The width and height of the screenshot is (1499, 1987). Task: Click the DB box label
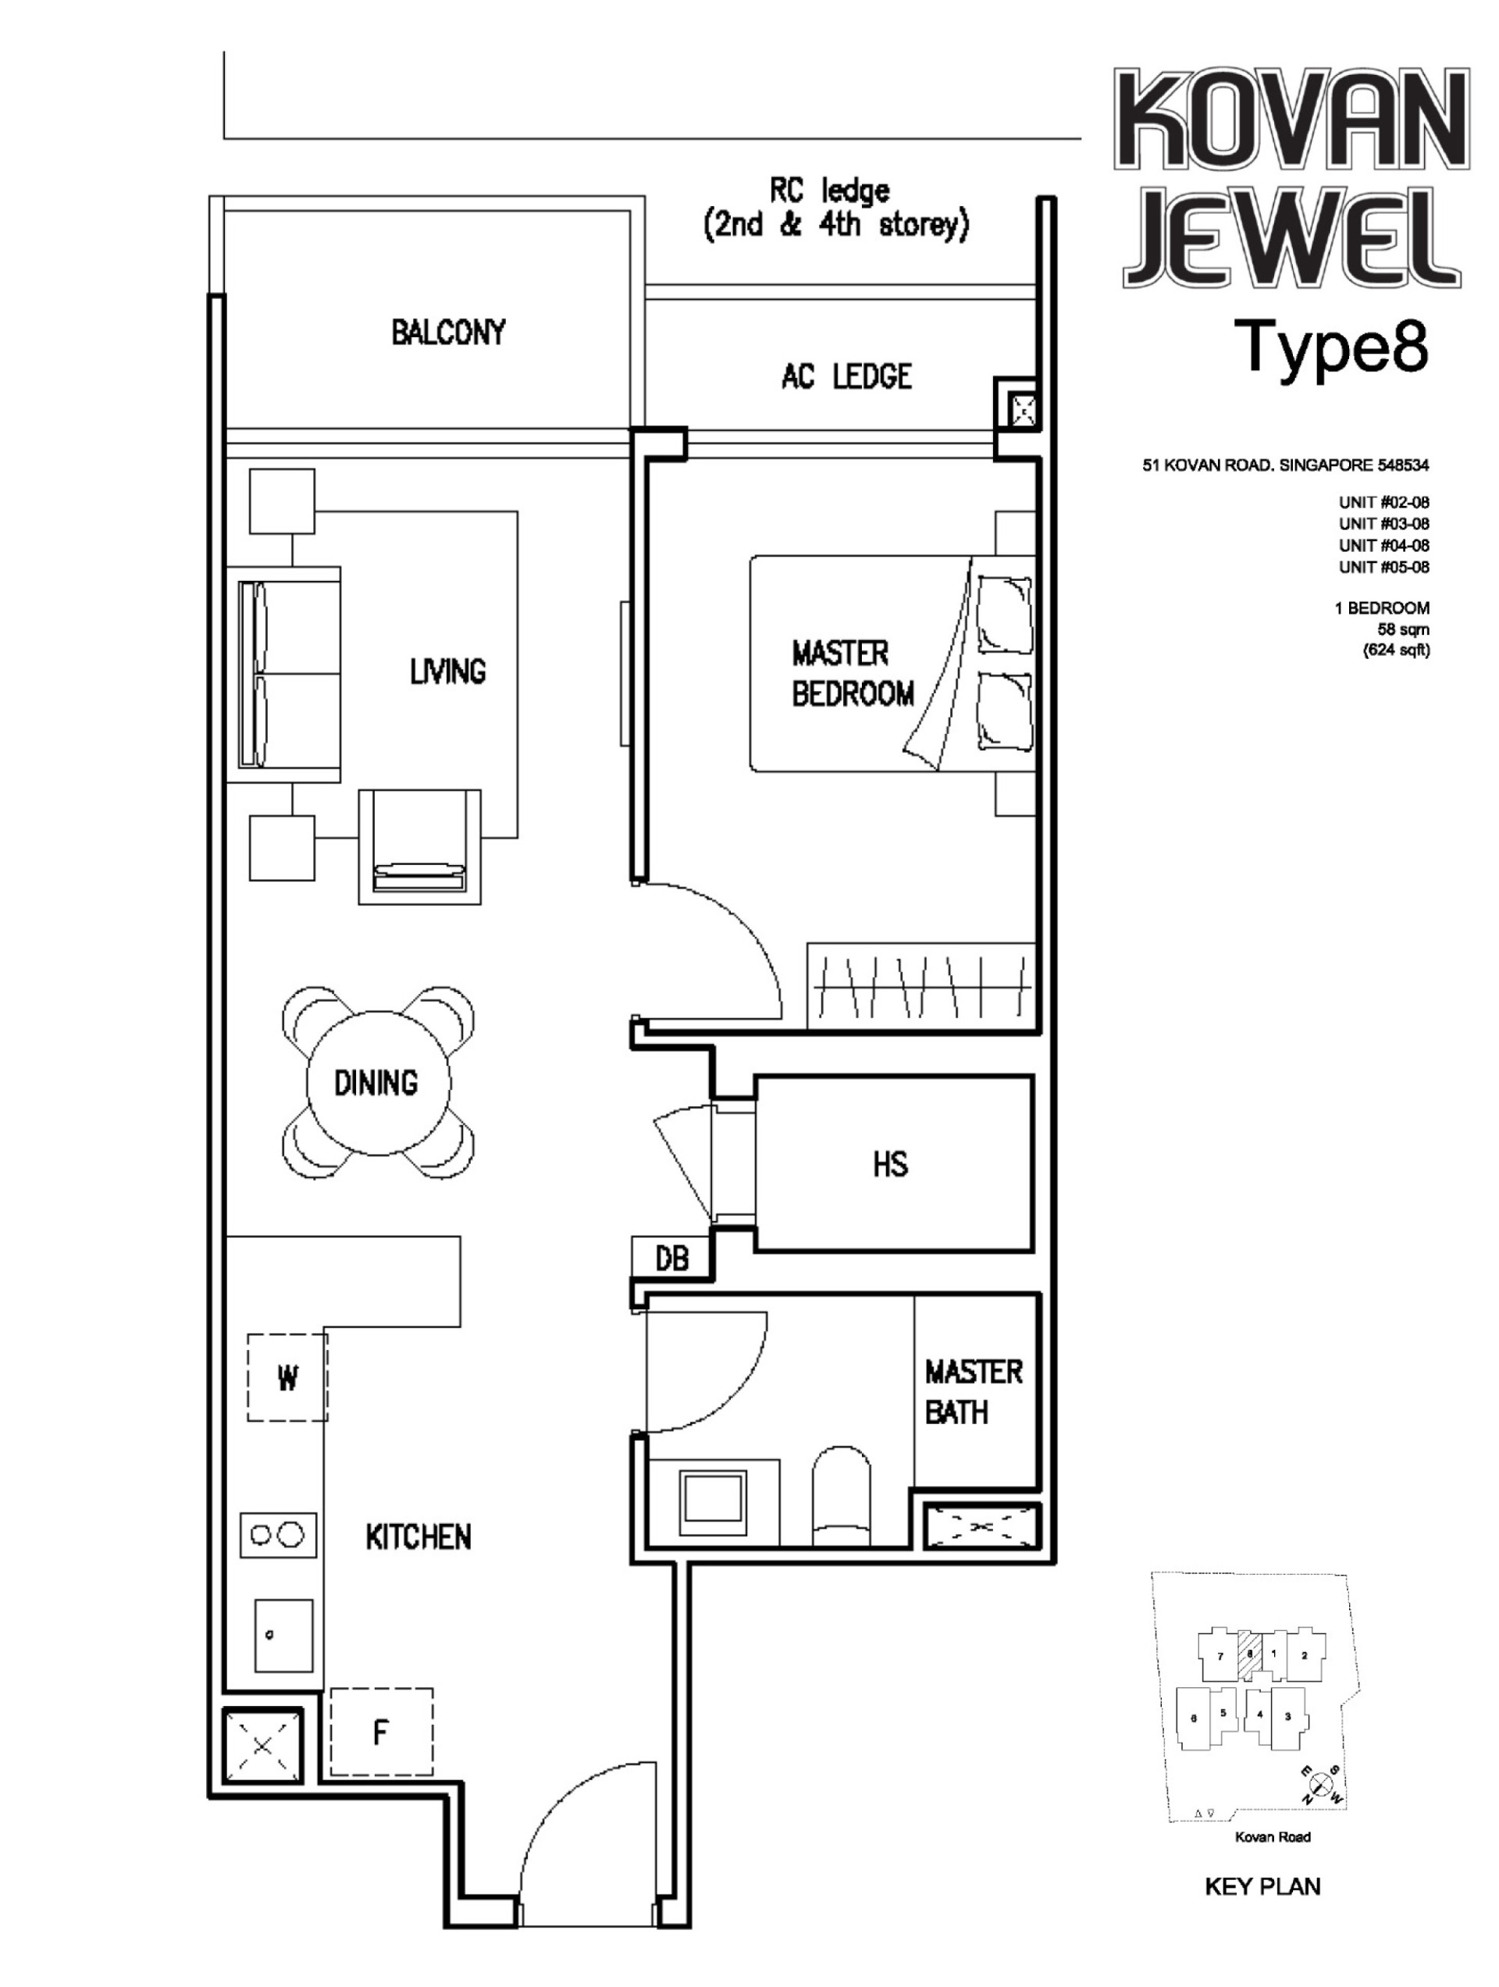click(x=671, y=1259)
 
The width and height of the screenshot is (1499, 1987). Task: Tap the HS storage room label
click(x=889, y=1164)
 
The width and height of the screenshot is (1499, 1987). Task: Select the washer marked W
click(x=287, y=1377)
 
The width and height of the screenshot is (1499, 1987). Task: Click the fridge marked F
click(x=381, y=1732)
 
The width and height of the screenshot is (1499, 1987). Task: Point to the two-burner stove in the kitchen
click(x=277, y=1534)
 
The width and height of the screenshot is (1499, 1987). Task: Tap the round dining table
click(x=377, y=1082)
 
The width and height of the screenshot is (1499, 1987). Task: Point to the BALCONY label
click(x=447, y=333)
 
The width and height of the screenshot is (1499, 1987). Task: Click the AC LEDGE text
click(x=846, y=376)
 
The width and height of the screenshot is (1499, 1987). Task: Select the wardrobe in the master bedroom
click(x=920, y=985)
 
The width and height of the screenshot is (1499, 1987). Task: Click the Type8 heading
click(x=1334, y=346)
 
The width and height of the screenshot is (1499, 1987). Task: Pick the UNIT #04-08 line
click(x=1383, y=545)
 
